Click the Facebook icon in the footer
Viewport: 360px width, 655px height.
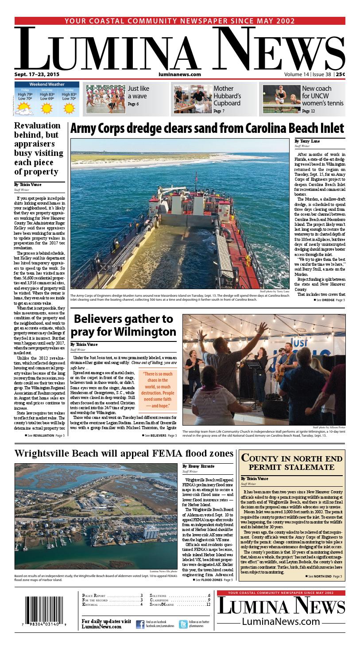click(140, 624)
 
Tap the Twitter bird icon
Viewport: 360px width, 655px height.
click(183, 624)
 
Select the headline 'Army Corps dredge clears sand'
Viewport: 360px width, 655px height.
click(207, 128)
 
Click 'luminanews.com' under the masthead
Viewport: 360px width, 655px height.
click(179, 74)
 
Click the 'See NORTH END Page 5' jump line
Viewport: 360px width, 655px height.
click(325, 576)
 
